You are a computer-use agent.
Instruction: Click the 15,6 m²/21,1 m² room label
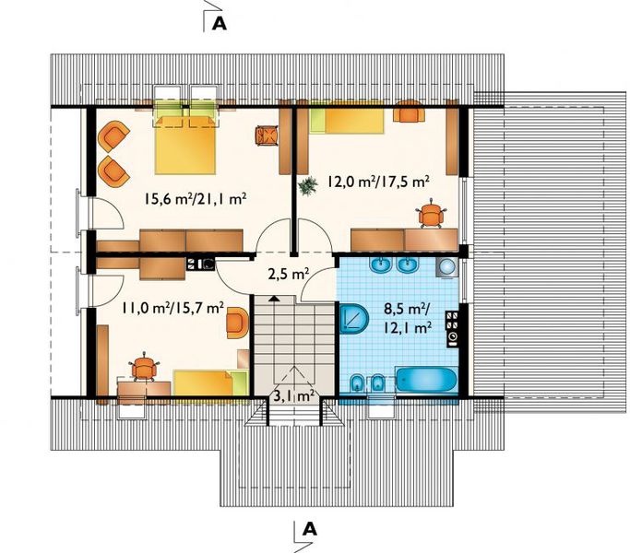point(196,199)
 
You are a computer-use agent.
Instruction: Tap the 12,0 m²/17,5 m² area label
point(378,182)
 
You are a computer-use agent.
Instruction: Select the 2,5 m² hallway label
point(288,275)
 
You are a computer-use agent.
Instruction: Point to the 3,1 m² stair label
point(294,396)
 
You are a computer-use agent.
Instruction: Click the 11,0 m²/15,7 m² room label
point(173,308)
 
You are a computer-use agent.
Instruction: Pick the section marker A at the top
point(220,24)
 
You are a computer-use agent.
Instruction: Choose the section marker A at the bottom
point(309,529)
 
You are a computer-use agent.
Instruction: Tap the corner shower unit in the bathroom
point(354,319)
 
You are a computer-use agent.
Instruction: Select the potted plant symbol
point(308,186)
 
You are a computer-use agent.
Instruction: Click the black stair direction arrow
point(274,298)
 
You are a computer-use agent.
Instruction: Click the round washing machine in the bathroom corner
point(447,266)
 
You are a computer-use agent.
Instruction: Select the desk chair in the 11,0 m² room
point(144,367)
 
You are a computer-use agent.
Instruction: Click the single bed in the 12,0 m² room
point(346,121)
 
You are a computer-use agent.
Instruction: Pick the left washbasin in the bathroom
point(381,265)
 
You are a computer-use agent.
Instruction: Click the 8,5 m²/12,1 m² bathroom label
point(408,319)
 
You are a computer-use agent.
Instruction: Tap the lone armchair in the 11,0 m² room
point(237,323)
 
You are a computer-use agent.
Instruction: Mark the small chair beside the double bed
point(267,135)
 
